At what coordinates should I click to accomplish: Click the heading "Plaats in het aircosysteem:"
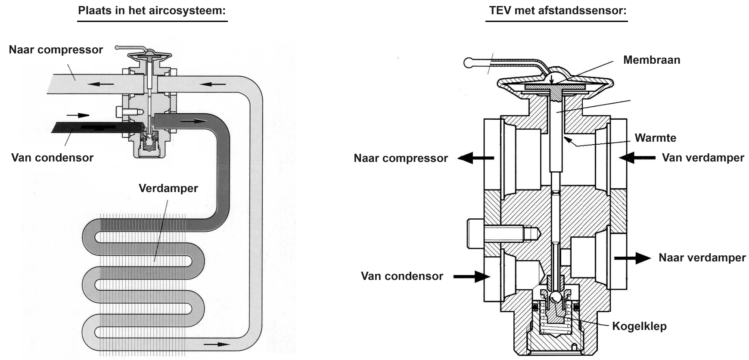tap(152, 10)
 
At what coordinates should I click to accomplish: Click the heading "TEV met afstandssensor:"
tap(558, 10)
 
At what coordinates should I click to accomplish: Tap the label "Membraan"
tap(652, 60)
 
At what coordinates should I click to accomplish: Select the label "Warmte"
tap(655, 138)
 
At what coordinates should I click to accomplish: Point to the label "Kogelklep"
tap(639, 326)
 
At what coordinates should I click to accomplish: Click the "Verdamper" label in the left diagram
tap(168, 189)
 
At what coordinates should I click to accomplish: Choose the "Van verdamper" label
tap(703, 158)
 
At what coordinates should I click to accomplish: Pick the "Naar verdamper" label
tap(702, 258)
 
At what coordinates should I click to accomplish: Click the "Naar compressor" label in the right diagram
tap(401, 158)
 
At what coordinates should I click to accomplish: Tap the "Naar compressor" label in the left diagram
tap(56, 50)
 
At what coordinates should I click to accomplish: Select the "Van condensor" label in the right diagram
tap(402, 276)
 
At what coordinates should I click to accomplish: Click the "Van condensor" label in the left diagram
tap(52, 158)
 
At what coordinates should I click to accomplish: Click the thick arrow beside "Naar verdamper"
tap(632, 258)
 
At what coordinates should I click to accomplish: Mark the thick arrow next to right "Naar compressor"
tap(476, 158)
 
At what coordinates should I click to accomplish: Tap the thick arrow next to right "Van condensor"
tap(472, 276)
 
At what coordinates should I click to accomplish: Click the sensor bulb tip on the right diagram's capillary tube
tap(469, 63)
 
